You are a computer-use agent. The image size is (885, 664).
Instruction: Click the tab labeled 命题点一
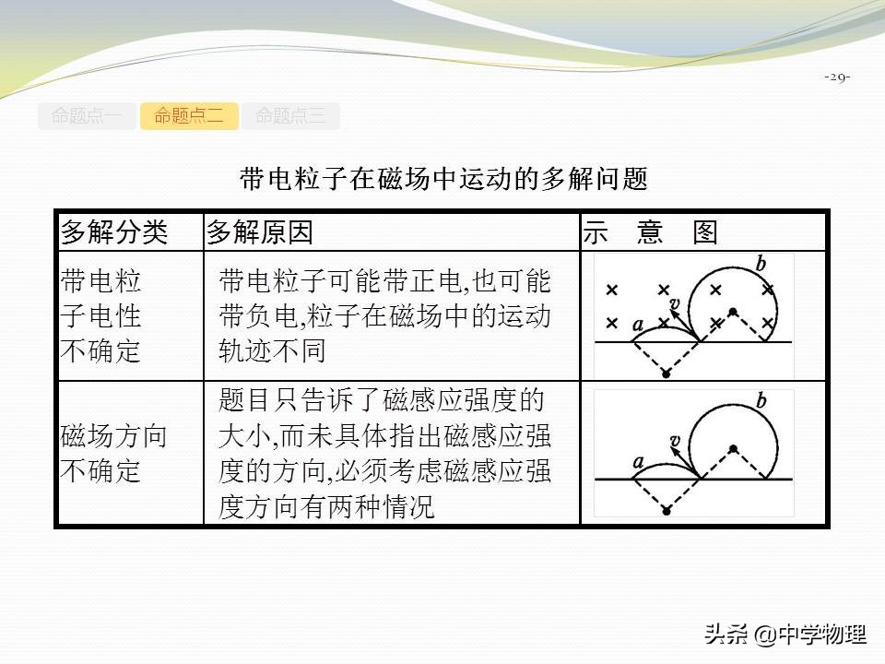tap(87, 116)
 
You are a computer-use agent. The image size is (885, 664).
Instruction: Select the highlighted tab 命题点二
tap(189, 116)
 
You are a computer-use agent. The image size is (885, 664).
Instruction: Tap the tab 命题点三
tap(290, 116)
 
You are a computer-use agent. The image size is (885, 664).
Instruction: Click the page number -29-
tap(837, 77)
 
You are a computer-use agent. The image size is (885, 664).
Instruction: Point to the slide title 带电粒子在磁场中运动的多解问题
tap(443, 178)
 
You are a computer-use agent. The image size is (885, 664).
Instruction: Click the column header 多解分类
tap(114, 232)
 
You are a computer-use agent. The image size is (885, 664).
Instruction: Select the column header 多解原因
tap(260, 232)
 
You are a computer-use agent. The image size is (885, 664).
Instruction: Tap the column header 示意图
tap(650, 232)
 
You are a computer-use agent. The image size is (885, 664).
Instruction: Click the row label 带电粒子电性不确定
tap(101, 315)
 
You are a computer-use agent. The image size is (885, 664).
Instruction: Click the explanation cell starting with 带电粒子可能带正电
tap(384, 315)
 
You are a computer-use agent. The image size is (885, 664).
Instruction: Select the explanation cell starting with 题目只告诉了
tap(384, 454)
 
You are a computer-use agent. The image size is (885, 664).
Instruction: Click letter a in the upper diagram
tap(637, 324)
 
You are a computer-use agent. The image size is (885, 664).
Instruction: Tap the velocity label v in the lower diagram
tap(675, 442)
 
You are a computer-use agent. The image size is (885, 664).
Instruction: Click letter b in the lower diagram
tap(761, 401)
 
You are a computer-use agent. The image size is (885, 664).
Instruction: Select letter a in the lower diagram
tap(637, 462)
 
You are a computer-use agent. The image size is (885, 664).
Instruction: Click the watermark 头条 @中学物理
tap(785, 634)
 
